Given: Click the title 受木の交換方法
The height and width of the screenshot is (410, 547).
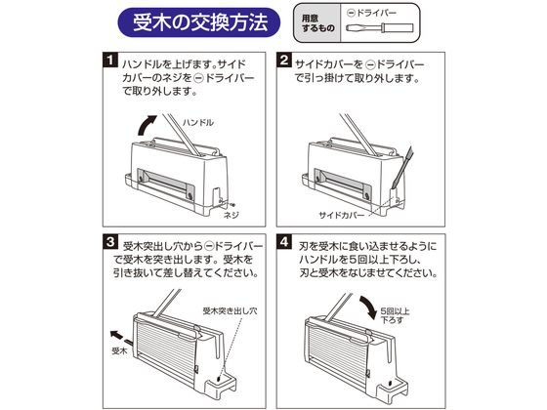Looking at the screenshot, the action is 200,22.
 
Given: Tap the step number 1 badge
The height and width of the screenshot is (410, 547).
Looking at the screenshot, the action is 110,60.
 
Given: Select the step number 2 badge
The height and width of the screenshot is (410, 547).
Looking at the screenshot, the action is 284,60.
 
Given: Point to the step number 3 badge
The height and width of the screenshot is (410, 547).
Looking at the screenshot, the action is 110,242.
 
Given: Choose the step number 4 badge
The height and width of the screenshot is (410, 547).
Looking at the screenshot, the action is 284,242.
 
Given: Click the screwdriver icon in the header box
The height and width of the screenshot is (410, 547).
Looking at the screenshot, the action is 380,28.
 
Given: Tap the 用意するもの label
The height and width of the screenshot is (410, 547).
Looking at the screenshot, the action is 317,23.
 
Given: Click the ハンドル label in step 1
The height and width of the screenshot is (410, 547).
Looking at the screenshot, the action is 197,122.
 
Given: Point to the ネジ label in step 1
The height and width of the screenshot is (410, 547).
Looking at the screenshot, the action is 231,215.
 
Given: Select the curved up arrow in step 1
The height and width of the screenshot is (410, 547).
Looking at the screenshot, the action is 146,125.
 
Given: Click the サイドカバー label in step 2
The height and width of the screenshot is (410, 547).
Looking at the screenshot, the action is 341,215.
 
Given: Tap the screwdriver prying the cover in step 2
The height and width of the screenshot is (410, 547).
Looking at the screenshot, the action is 401,167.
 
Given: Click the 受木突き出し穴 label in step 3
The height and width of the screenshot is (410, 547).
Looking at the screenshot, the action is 230,310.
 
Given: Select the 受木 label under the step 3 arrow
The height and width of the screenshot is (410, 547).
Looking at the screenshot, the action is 119,351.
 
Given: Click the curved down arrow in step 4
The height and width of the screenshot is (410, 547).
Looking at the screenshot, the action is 370,307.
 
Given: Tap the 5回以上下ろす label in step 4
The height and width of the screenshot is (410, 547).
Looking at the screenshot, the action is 395,315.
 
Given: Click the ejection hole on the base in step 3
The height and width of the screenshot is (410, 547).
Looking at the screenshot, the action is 219,379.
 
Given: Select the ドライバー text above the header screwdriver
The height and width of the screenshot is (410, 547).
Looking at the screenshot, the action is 377,13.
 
